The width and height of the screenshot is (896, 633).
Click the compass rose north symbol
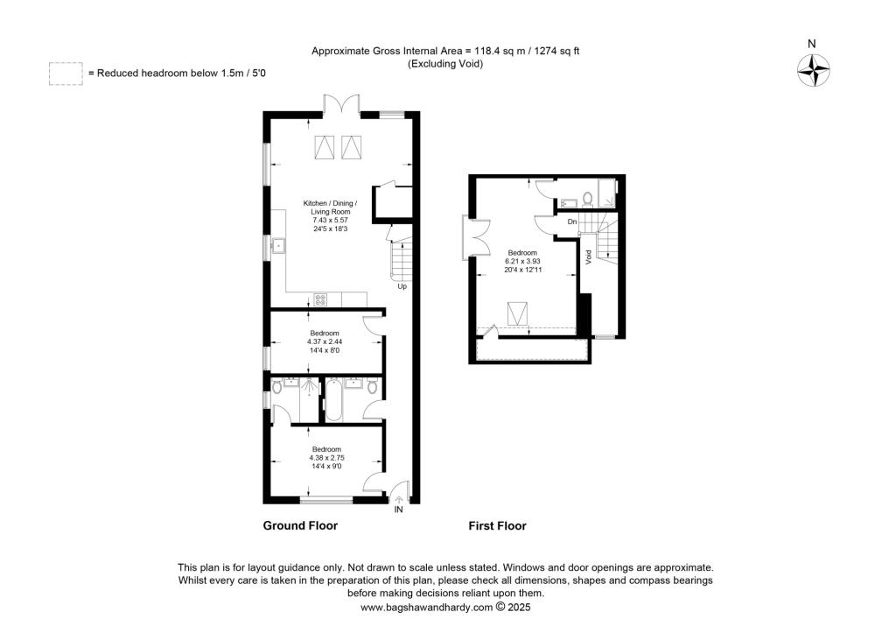(x=812, y=68)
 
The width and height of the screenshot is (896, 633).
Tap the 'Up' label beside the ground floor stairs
(x=402, y=286)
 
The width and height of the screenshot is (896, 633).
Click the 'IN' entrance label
(x=399, y=509)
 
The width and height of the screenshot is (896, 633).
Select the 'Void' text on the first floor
(x=589, y=257)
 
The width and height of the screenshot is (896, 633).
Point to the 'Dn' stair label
(x=572, y=222)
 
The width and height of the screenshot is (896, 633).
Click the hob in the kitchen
(x=320, y=299)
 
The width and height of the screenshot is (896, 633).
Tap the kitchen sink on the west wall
(x=278, y=245)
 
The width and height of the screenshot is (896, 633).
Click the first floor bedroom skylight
(x=517, y=311)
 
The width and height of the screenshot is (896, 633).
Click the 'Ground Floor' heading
(x=300, y=526)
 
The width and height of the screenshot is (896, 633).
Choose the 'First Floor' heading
(x=497, y=526)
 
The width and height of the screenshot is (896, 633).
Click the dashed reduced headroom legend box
(x=66, y=74)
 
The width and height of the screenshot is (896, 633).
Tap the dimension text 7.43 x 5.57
(x=327, y=221)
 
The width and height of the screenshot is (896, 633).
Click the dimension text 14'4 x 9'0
(x=326, y=466)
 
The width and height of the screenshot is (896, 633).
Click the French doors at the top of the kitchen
(x=339, y=104)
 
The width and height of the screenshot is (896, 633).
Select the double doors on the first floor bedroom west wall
(x=470, y=238)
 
